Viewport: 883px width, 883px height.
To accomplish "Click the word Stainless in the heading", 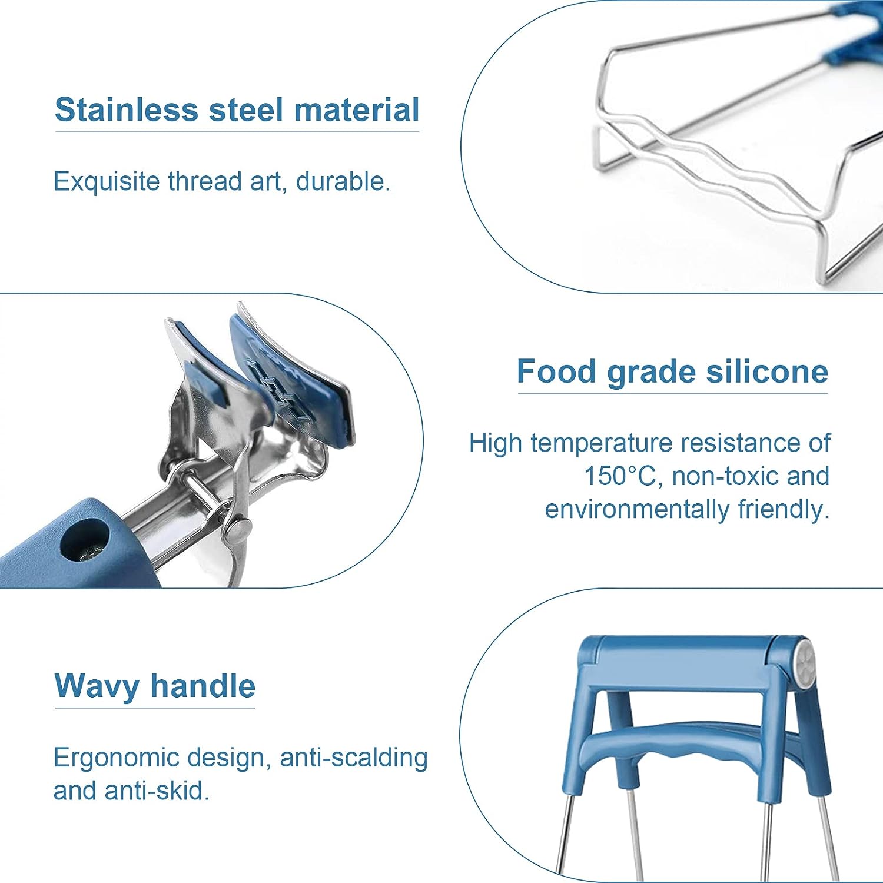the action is coord(127,110).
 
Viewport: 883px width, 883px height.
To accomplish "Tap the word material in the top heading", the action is coord(357,110).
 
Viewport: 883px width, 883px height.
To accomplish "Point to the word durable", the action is coord(343,181).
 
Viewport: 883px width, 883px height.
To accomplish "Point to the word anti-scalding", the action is coord(353,758).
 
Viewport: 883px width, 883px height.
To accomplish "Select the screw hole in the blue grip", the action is coord(85,542).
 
